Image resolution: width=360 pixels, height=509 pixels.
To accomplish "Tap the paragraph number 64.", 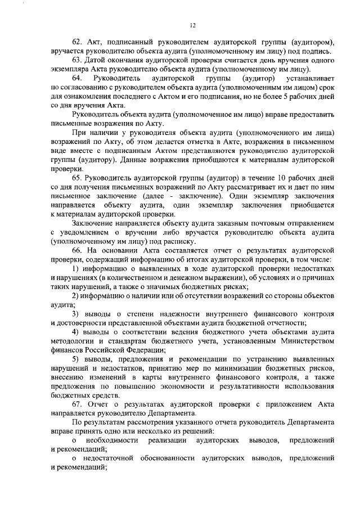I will pyautogui.click(x=76, y=78).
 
